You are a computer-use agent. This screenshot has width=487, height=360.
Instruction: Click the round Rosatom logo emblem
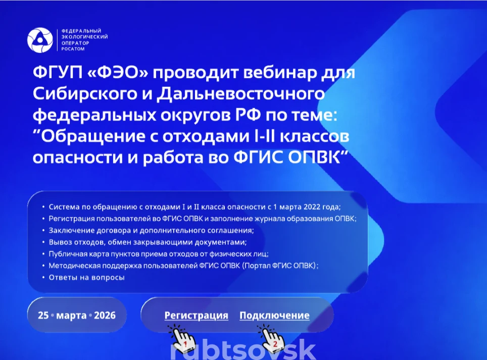click(x=40, y=40)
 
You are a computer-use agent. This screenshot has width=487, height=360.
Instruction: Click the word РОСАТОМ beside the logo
click(x=73, y=49)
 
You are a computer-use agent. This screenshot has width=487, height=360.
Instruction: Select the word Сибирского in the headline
click(x=85, y=94)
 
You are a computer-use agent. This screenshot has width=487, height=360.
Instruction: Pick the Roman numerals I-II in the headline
click(x=265, y=136)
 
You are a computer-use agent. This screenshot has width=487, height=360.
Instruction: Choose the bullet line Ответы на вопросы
click(x=87, y=278)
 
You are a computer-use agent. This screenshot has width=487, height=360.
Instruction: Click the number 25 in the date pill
click(x=43, y=315)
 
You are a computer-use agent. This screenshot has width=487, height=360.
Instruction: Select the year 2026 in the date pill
click(x=105, y=315)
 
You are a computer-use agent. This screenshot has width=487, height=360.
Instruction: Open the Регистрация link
click(x=197, y=315)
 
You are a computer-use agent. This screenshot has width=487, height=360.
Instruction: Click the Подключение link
click(x=274, y=315)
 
